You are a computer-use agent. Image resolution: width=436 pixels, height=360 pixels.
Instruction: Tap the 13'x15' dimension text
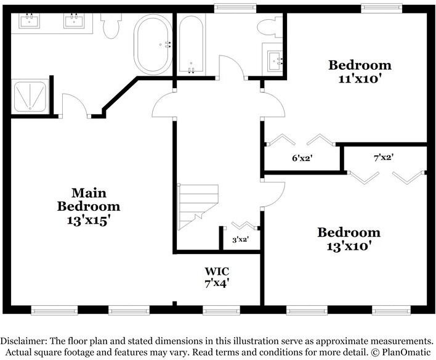pos(88,219)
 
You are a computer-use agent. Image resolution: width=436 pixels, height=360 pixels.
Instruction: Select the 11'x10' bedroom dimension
pos(359,78)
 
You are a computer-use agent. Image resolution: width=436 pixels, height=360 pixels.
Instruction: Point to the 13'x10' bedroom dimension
pos(349,246)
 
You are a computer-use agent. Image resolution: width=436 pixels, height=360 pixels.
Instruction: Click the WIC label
pos(217,271)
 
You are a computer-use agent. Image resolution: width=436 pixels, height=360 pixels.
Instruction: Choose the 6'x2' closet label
pos(302,158)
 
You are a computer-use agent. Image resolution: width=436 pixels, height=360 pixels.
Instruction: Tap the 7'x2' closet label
pos(383,157)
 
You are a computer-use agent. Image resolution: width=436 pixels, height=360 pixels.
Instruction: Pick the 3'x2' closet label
pos(240,239)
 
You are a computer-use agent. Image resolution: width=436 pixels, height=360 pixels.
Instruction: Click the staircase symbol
pos(198,203)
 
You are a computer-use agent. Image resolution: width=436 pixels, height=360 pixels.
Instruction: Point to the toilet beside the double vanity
pos(112,25)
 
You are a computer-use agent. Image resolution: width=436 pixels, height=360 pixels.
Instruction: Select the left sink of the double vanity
pos(28,22)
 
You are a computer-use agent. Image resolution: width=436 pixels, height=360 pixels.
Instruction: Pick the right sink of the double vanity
pos(74,22)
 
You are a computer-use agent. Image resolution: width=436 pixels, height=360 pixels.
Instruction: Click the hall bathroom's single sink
pos(274,59)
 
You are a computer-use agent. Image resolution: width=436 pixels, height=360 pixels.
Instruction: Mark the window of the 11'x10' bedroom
pos(381,7)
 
